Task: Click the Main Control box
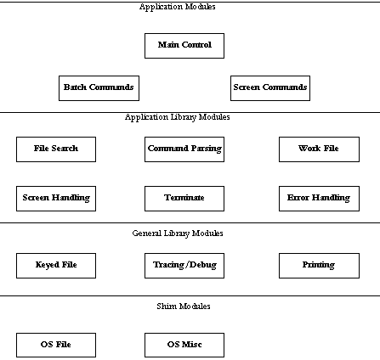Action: coord(184,46)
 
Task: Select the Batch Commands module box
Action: coord(99,88)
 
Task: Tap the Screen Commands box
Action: coord(270,88)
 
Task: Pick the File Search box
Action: coord(56,149)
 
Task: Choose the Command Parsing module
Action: coord(184,149)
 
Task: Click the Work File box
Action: coord(319,149)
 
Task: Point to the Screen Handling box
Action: coord(56,199)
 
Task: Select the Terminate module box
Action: coord(184,199)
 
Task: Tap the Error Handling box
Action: coord(319,199)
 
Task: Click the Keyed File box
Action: coord(56,266)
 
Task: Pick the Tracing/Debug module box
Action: coord(184,266)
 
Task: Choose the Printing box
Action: coord(319,266)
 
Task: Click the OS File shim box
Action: coord(56,345)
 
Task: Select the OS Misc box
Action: coord(184,345)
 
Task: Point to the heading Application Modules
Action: coord(178,7)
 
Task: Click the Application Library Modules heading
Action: coord(178,117)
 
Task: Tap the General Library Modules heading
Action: coord(178,233)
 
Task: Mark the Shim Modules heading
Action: coord(184,306)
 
